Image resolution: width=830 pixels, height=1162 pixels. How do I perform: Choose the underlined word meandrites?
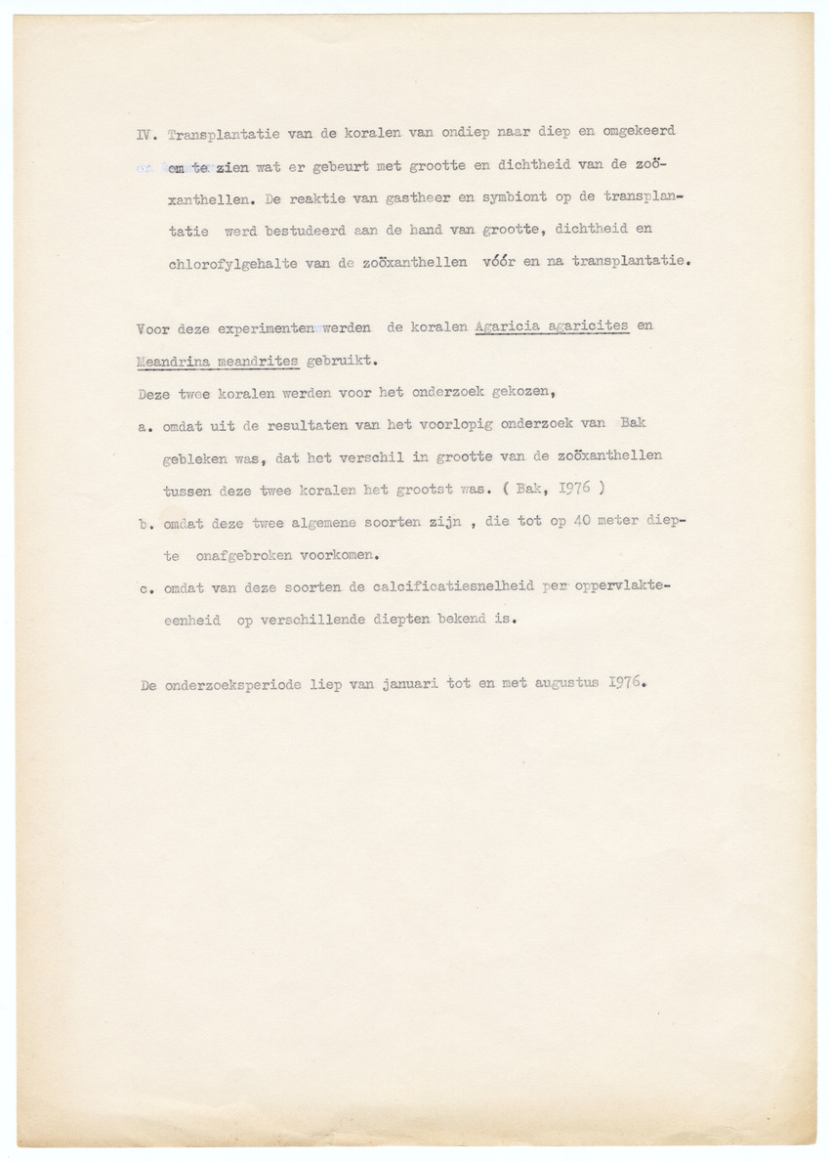264,360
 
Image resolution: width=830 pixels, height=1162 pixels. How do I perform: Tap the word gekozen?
522,393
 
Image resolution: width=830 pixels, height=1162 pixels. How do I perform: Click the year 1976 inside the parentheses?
582,488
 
